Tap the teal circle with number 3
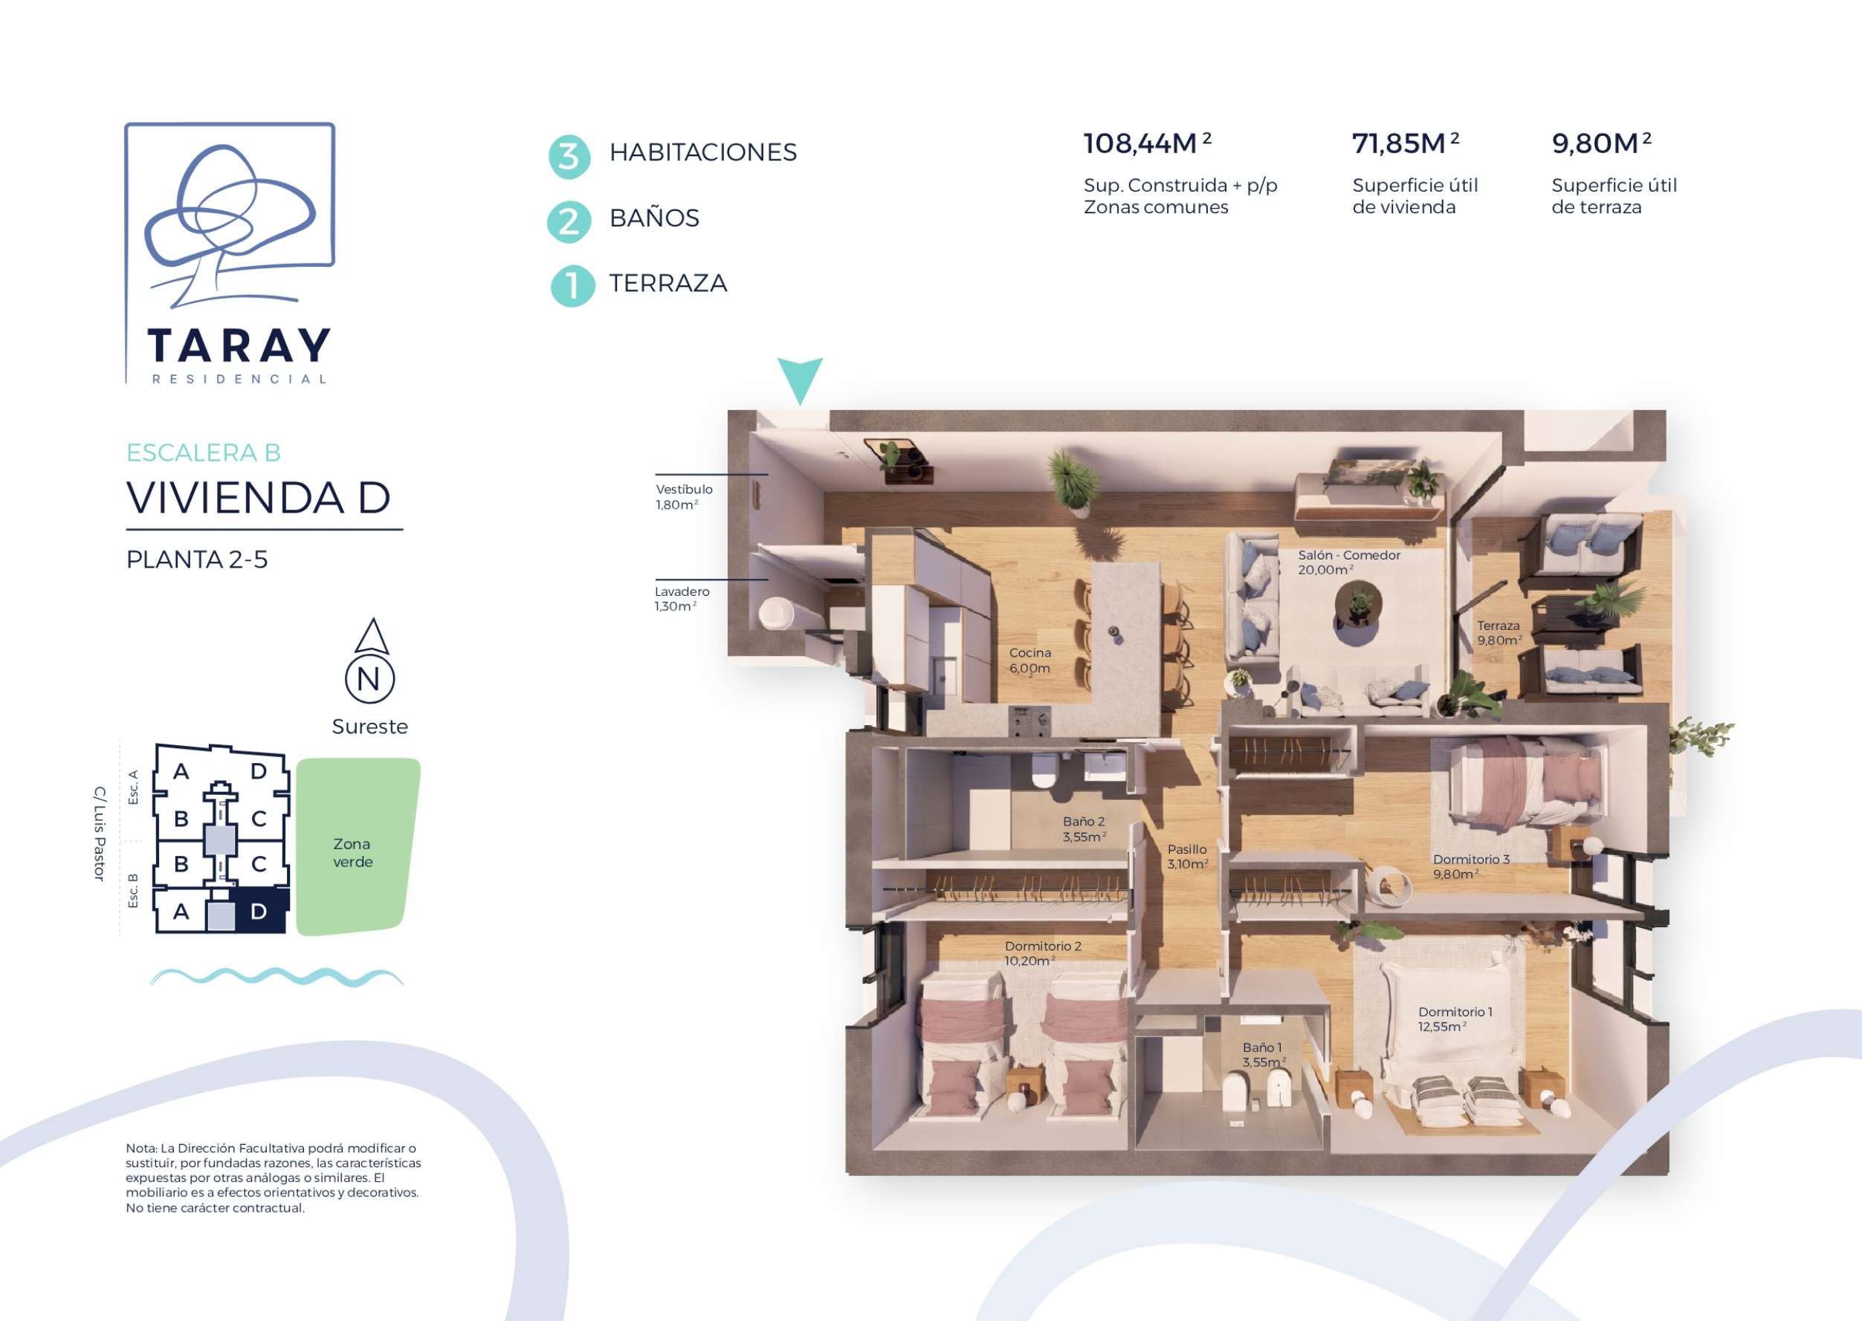point(569,156)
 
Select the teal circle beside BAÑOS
point(569,222)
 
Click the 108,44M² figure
point(1148,143)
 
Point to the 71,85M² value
point(1406,143)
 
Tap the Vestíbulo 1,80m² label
point(685,496)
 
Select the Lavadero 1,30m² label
point(682,599)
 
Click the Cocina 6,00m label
point(1029,660)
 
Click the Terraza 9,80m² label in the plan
point(1499,633)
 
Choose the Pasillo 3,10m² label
point(1187,857)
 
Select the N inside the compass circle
point(369,678)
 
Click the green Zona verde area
point(358,846)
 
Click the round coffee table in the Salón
point(1357,606)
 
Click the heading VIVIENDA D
point(259,498)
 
